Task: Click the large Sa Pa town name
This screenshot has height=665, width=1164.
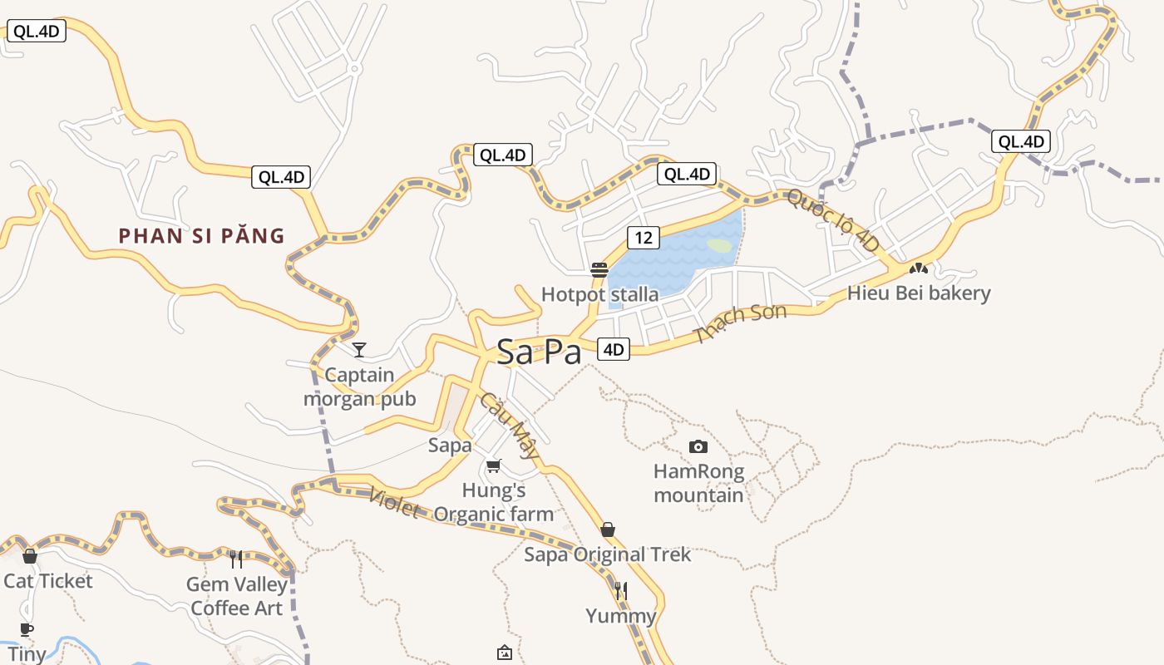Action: coord(539,352)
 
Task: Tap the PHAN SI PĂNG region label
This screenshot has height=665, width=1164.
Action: coord(202,236)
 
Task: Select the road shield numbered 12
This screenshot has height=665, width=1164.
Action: coord(644,238)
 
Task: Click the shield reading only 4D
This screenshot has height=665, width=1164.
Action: coord(613,349)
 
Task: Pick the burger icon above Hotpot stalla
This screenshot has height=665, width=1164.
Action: coord(599,269)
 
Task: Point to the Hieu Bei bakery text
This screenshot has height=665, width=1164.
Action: coord(919,293)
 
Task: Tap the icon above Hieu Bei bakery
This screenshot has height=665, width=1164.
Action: coord(918,268)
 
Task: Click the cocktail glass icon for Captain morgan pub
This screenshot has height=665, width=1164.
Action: coord(359,349)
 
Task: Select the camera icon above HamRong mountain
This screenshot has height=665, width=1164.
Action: coord(698,447)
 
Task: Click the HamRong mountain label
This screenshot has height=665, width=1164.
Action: coord(698,483)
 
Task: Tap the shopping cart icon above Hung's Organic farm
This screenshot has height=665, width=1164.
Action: coord(494,465)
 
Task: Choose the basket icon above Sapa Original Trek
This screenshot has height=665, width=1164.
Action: coord(608,530)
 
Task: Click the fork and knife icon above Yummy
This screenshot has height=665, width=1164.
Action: coord(621,591)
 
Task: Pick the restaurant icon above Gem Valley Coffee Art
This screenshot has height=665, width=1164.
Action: coord(236,559)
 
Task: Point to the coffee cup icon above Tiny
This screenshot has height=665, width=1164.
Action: coord(27,629)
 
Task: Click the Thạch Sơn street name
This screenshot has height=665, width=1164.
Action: coord(740,323)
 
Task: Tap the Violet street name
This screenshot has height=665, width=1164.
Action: coord(393,503)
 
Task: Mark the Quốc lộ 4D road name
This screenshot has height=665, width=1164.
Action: coord(832,220)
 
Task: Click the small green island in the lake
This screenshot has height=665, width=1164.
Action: coord(719,245)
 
